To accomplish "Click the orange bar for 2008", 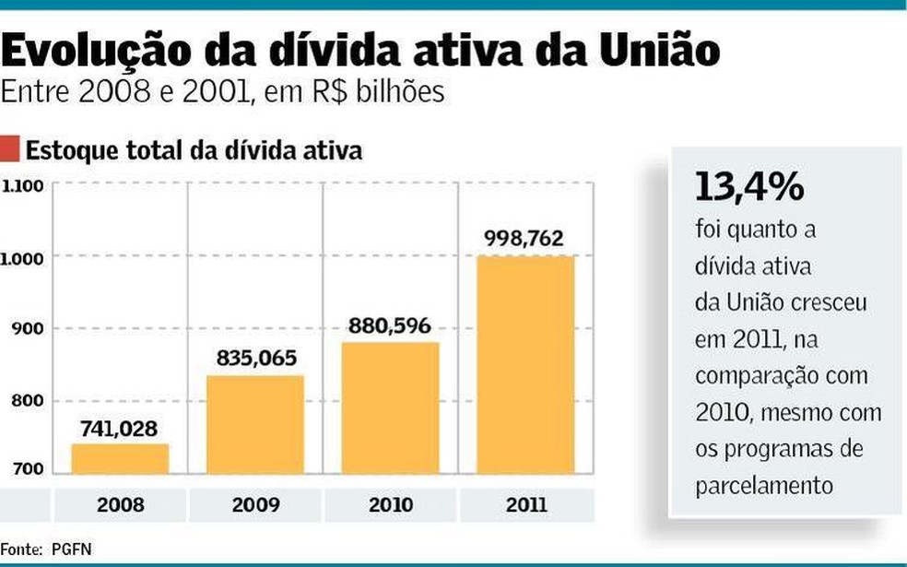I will click(120, 458).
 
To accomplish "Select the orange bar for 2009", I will click(255, 424).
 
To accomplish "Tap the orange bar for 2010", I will click(391, 408).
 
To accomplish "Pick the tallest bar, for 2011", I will click(525, 364).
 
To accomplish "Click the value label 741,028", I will click(120, 429).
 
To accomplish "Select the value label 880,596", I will click(391, 326).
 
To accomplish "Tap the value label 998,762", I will click(525, 240).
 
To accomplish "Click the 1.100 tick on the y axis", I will click(23, 186).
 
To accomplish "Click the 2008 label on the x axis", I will click(120, 504).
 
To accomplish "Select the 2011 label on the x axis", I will click(525, 504).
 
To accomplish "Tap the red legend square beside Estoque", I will click(10, 148).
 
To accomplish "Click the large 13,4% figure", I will click(748, 187).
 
